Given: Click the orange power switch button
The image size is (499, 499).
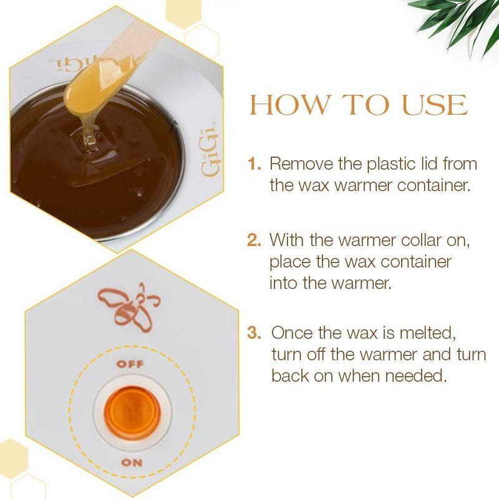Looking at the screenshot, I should pyautogui.click(x=132, y=412).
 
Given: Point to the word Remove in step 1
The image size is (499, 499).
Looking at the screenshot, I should pyautogui.click(x=303, y=165).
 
